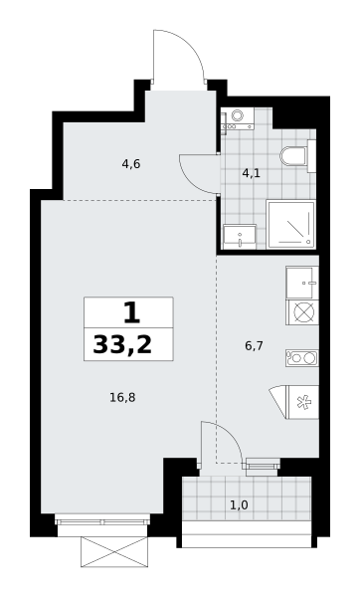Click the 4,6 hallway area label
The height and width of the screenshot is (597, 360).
point(131,164)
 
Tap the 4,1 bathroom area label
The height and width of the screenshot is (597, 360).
point(252,173)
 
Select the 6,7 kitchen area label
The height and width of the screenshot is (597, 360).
point(255,346)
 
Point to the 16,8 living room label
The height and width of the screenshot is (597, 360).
point(122,398)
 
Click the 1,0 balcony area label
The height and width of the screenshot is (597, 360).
point(240,505)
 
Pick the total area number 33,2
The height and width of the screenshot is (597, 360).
point(122,345)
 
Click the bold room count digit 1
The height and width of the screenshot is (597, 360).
point(131,312)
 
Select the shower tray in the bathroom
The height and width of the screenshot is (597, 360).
point(291,224)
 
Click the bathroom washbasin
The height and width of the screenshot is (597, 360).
point(240,237)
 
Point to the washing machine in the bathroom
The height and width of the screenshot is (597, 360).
point(237,118)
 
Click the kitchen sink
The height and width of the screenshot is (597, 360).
point(302,283)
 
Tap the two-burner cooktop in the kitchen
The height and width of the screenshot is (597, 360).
point(302,358)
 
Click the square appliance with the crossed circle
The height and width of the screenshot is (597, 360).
point(302,312)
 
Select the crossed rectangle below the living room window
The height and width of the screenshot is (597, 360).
point(114,551)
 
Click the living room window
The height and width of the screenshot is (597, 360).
point(102,520)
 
